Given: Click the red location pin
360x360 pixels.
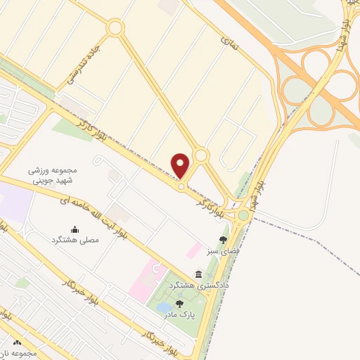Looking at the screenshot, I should pos(181,165).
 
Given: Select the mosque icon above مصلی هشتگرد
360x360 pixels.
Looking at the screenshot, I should pos(75,229).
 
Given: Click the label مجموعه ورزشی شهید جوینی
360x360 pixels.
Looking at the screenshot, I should pos(51,175).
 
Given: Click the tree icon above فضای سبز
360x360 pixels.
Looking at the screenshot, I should pos(224,240).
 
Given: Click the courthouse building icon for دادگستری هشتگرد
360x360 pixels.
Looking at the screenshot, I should pos(199,275).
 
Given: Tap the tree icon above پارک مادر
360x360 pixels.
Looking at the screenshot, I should pos(179,304).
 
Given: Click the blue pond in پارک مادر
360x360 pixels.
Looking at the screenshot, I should pos(163,308).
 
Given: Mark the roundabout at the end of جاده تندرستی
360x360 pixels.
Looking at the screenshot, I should pos(115,28).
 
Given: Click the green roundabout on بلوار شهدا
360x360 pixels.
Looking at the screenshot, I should pos(243,215).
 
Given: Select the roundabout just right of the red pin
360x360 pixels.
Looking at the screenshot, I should pos(201,155).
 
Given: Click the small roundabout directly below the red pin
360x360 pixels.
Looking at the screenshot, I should pos(181,186).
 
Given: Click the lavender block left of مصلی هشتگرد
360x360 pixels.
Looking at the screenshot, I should pos(15,203).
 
